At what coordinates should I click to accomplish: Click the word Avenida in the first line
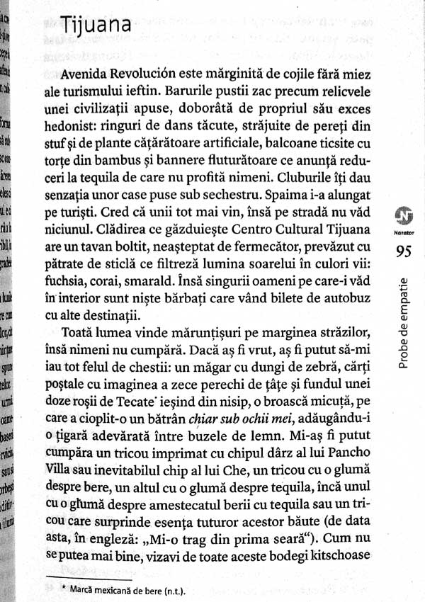(84, 73)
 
